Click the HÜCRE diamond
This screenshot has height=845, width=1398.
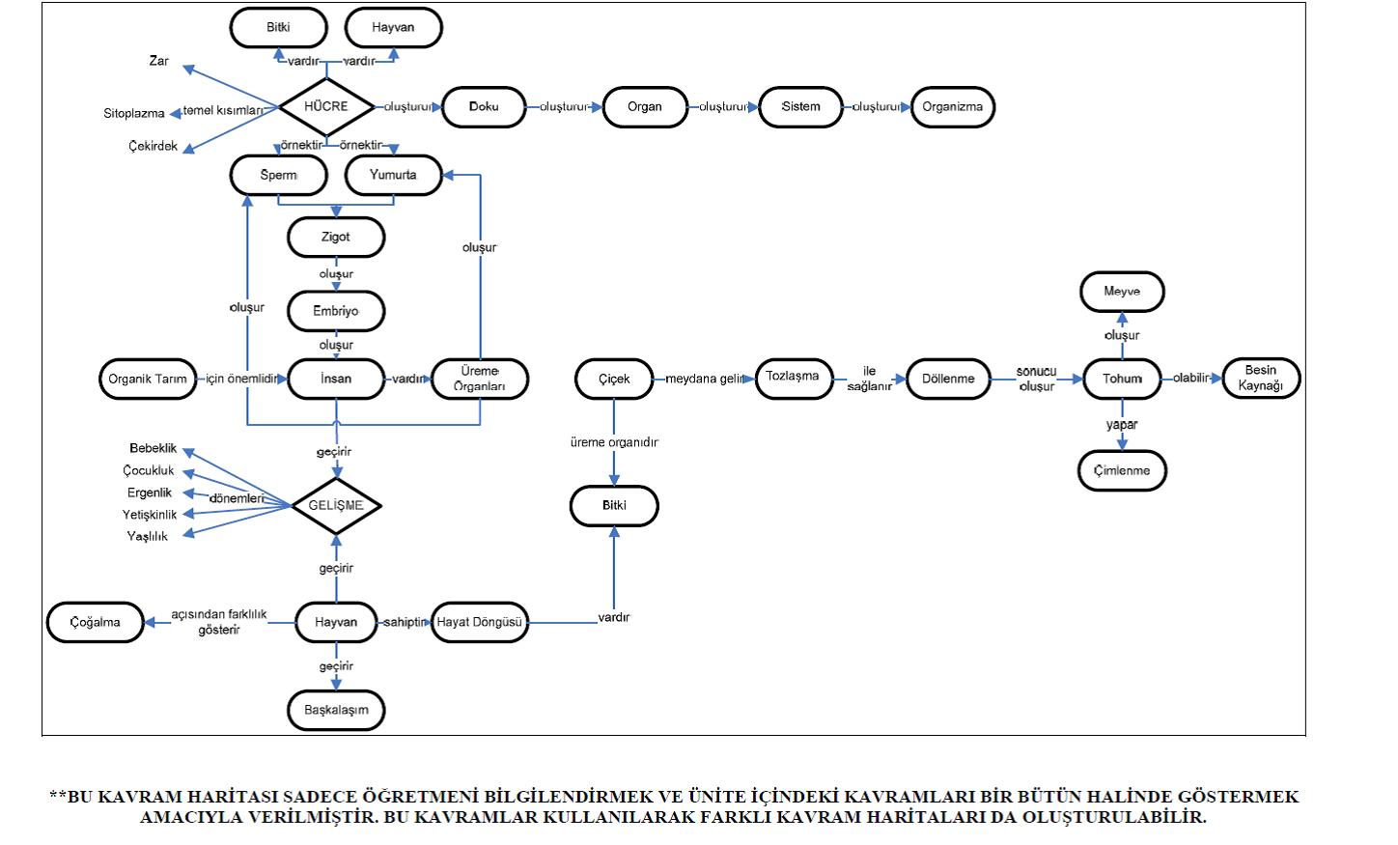(x=326, y=106)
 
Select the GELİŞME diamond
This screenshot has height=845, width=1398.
(x=336, y=506)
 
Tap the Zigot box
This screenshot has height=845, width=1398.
(x=336, y=237)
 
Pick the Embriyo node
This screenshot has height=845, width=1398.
(x=336, y=311)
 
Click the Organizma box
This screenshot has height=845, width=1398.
(x=952, y=107)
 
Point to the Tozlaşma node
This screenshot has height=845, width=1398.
(x=793, y=377)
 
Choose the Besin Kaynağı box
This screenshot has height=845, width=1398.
(x=1261, y=379)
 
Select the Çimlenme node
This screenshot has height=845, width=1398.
(x=1122, y=471)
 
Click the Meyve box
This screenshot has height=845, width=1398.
(x=1122, y=292)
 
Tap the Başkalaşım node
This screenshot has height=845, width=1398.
(x=336, y=710)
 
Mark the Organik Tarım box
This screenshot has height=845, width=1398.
(x=148, y=379)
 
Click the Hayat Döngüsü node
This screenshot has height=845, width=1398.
(x=479, y=623)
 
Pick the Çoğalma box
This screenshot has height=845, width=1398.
(x=96, y=623)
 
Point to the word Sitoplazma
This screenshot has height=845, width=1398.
(x=134, y=114)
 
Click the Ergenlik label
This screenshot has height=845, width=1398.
(x=150, y=493)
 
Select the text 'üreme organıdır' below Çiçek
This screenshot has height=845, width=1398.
(x=614, y=442)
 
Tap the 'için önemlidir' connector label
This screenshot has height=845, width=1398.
(x=241, y=379)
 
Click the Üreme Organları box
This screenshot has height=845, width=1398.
(x=480, y=379)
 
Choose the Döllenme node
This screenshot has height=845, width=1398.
(x=948, y=379)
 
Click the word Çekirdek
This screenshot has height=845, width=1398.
(x=154, y=147)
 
